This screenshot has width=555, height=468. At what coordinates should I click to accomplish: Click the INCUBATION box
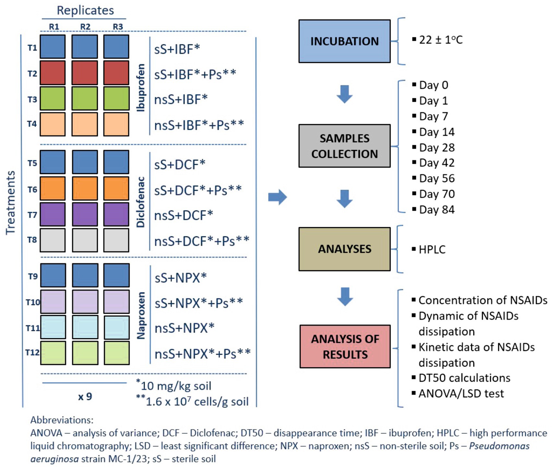coord(344,41)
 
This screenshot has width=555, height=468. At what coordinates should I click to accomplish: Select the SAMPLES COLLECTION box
coord(344,146)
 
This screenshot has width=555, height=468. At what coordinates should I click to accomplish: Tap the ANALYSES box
coord(344,249)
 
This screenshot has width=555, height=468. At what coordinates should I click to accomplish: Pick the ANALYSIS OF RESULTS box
coord(345,346)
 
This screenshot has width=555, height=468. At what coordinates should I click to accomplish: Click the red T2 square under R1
coord(52,73)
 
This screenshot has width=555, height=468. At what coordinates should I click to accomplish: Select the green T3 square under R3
coord(116,98)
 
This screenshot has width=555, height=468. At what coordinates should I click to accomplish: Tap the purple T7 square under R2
coord(85,214)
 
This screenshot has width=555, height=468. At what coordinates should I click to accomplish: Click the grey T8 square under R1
coord(52,240)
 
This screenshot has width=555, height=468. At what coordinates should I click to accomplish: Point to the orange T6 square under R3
coord(116,188)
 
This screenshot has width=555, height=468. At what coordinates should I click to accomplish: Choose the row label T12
coord(32,352)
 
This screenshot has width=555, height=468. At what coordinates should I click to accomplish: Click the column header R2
coord(85,27)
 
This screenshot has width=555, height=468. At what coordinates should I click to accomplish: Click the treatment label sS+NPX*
coord(180,278)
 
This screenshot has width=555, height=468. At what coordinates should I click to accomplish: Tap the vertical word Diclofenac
coord(141,202)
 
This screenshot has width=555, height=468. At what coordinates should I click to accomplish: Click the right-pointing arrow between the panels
coord(278,197)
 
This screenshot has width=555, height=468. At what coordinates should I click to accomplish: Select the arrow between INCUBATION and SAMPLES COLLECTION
coord(344,94)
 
